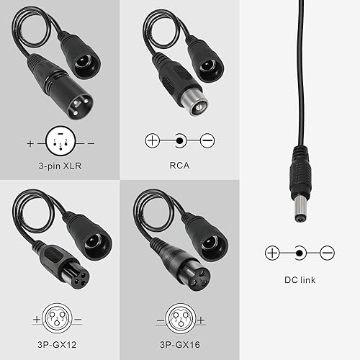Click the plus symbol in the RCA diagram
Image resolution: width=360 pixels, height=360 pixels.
(152, 140)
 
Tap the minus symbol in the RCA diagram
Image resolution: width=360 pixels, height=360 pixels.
(207, 140)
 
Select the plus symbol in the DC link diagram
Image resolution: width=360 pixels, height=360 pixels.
(271, 253)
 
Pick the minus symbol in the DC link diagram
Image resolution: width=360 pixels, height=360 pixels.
(327, 253)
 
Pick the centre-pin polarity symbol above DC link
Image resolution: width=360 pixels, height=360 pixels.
(300, 253)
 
